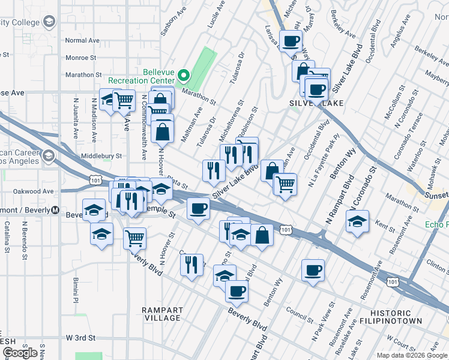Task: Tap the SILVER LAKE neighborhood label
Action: (x=316, y=103)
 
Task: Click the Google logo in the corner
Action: (x=20, y=353)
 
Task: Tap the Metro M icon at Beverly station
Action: (x=55, y=210)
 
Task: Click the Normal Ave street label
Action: (x=82, y=41)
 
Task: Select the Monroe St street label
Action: (x=81, y=58)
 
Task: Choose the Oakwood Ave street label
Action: (x=35, y=191)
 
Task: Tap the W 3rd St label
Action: (x=81, y=338)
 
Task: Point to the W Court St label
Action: (x=402, y=347)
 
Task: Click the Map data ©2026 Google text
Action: (x=412, y=355)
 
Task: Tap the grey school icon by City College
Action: (x=49, y=22)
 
